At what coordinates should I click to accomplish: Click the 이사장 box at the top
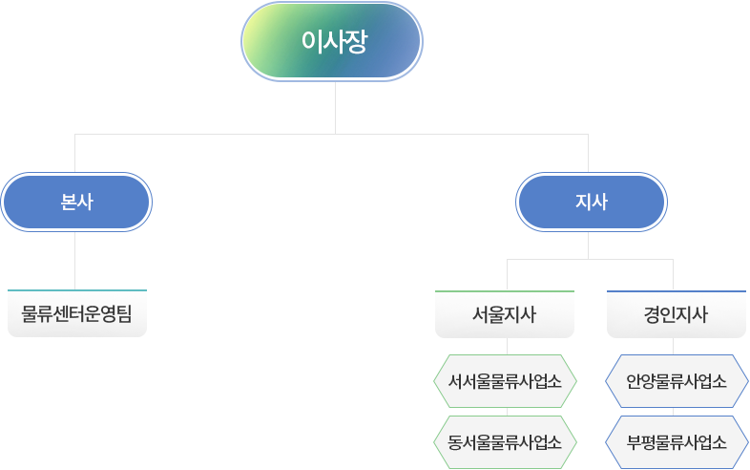click(x=331, y=42)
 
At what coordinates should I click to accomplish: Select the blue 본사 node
click(x=76, y=203)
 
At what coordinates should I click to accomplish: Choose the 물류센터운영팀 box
click(x=76, y=313)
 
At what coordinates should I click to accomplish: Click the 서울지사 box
click(x=504, y=314)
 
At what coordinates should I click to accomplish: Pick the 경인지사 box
click(x=676, y=314)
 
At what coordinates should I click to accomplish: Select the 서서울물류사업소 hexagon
click(x=505, y=382)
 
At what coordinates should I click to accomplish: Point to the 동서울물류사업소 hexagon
click(x=505, y=442)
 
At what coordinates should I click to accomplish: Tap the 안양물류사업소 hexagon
click(x=677, y=382)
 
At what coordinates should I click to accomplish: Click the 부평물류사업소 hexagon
click(x=677, y=442)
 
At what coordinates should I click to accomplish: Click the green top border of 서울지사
click(x=504, y=288)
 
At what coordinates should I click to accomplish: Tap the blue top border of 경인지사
click(x=676, y=288)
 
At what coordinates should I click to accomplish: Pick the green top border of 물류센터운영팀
click(x=76, y=288)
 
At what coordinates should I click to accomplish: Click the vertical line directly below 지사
click(x=589, y=245)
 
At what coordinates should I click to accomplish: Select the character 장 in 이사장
click(x=356, y=42)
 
